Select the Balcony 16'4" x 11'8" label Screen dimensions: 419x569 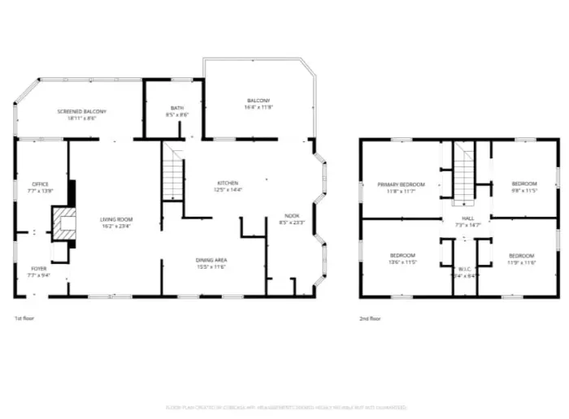258,103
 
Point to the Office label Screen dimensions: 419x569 40,188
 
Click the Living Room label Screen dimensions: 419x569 116,222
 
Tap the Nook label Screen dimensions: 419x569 292,218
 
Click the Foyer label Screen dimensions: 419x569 39,271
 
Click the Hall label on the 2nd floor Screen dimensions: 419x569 467,222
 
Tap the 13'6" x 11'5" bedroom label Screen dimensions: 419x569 402,258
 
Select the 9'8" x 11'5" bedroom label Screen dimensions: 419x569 524,187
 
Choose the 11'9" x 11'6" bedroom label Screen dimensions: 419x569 521,258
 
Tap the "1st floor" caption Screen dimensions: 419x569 25,318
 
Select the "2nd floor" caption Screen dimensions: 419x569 370,318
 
